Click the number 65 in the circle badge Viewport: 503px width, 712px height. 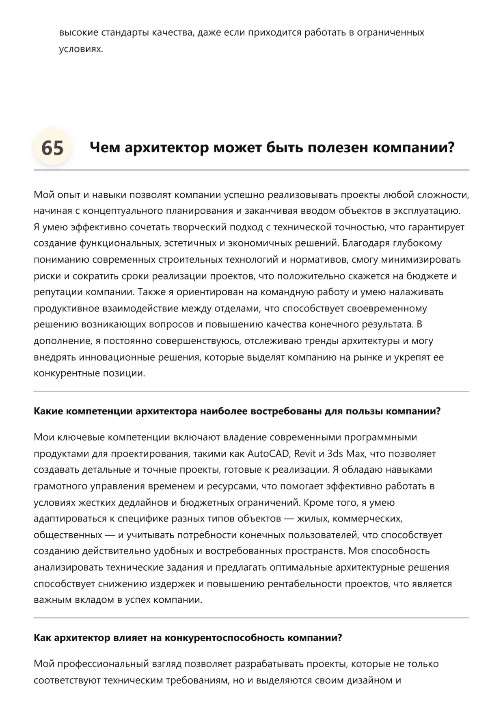click(52, 147)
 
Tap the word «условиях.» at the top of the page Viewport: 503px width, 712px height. click(81, 49)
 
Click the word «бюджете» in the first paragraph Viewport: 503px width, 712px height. click(427, 276)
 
